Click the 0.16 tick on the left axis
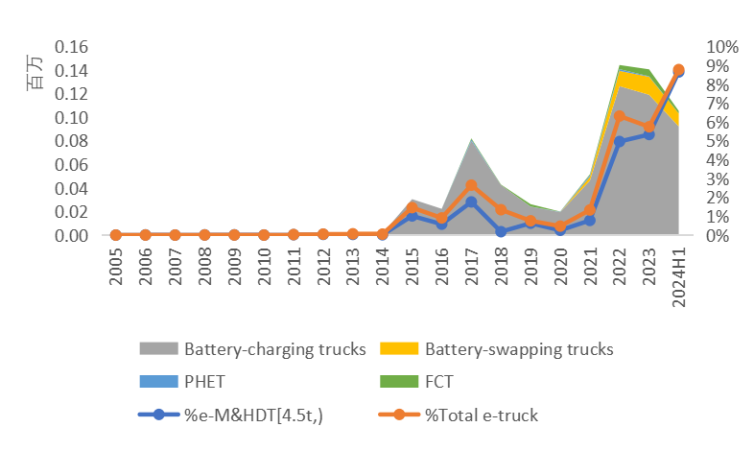(x=74, y=47)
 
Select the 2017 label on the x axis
(x=472, y=268)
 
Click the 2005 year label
(x=116, y=268)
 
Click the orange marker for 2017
(x=472, y=185)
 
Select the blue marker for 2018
(x=502, y=231)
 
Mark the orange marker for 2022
(x=620, y=116)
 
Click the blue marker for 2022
(x=620, y=141)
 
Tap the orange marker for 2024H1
(x=679, y=69)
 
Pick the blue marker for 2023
(x=649, y=134)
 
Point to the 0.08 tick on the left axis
(x=74, y=141)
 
